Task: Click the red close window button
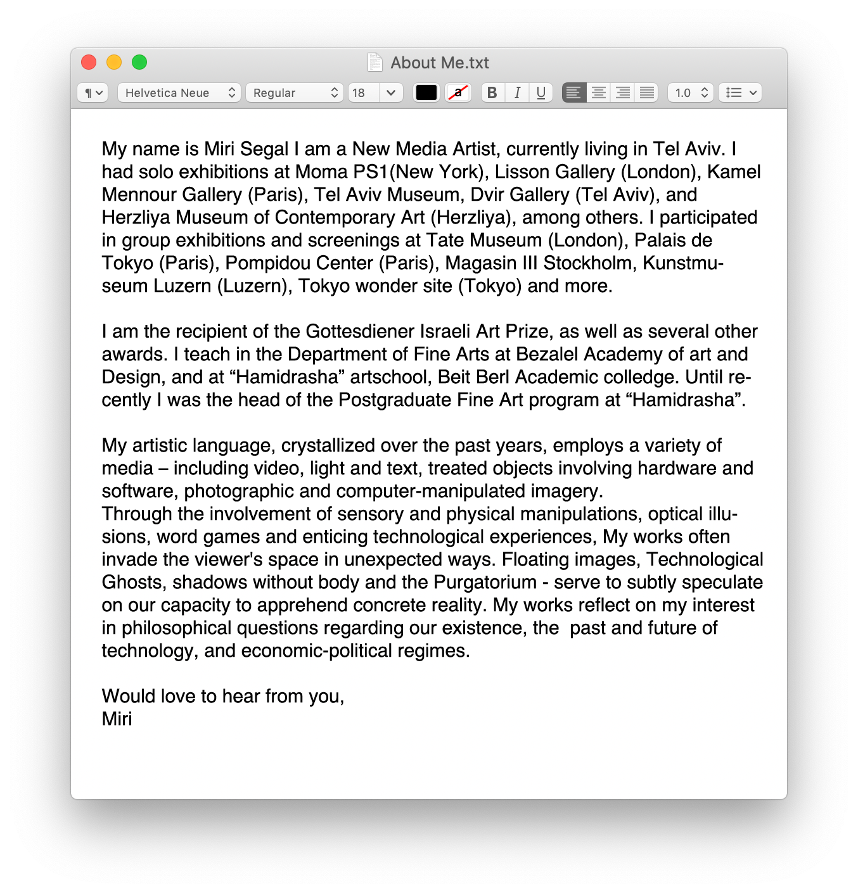click(x=89, y=62)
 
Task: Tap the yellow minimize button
click(x=114, y=62)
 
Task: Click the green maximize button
click(x=139, y=62)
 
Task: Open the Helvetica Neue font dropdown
click(x=179, y=93)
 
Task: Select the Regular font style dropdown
click(x=295, y=93)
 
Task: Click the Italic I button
click(x=517, y=93)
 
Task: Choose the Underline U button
click(x=541, y=93)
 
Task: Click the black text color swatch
click(x=426, y=93)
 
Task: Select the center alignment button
click(x=598, y=93)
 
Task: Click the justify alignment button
click(x=647, y=93)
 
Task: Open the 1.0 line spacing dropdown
click(x=691, y=93)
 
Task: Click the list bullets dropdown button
click(x=740, y=93)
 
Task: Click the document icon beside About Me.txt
click(x=375, y=62)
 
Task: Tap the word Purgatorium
click(x=485, y=583)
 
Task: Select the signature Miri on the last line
click(x=117, y=719)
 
